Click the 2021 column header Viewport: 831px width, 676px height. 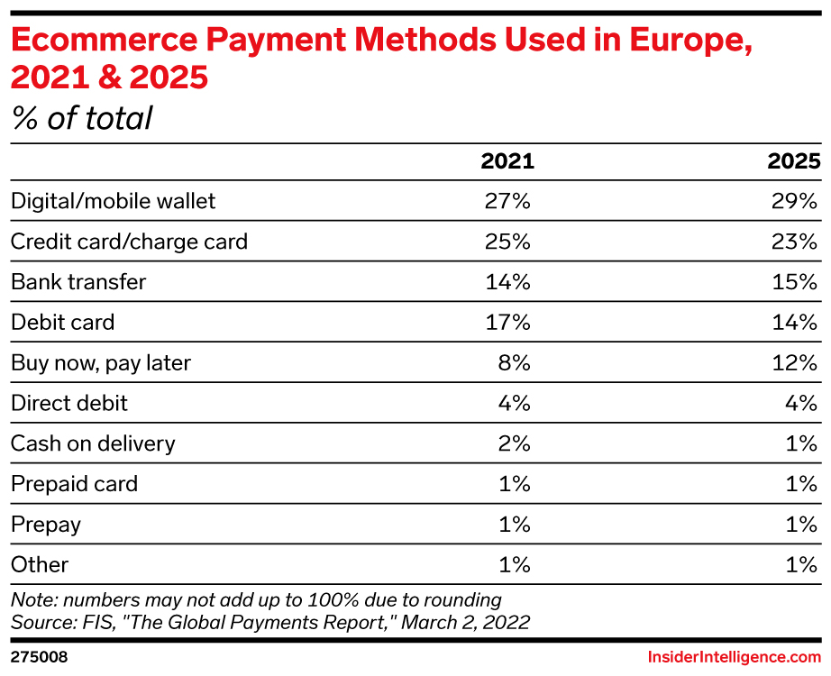(x=507, y=161)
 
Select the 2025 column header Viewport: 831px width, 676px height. (x=793, y=161)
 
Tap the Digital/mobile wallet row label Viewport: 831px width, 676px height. (x=114, y=201)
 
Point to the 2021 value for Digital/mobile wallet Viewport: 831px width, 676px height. (x=507, y=201)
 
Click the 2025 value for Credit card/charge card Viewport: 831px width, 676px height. (x=793, y=242)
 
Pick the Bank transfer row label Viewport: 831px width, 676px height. (x=78, y=282)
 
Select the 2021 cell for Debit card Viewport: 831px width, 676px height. (x=507, y=322)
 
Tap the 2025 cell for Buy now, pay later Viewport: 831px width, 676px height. (x=794, y=362)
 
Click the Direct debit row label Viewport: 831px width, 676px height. (x=69, y=403)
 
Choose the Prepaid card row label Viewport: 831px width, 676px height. (x=75, y=484)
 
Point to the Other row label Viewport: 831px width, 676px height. (x=40, y=564)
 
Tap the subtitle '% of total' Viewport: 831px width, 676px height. (x=82, y=118)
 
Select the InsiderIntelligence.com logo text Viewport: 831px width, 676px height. (x=735, y=657)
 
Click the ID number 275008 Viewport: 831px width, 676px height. (x=39, y=657)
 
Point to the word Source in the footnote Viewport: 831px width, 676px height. (x=36, y=621)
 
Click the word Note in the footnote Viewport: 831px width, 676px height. (x=31, y=599)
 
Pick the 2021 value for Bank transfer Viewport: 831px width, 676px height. (x=507, y=282)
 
